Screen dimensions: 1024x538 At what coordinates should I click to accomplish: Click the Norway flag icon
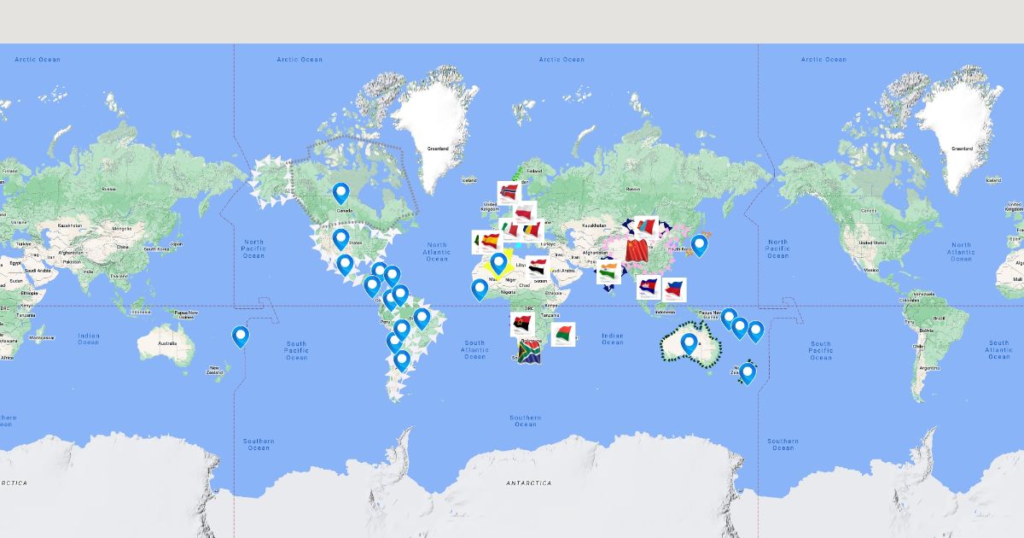point(509,192)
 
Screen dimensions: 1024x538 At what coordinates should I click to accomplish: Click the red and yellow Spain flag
point(489,242)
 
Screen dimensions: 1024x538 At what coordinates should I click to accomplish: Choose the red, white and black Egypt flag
point(536,267)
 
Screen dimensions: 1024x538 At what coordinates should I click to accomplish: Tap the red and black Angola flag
point(521,324)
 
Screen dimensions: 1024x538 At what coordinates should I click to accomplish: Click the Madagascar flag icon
point(562,334)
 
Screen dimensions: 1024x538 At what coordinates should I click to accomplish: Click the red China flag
point(637,250)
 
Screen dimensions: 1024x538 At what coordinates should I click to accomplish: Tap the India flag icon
point(608,273)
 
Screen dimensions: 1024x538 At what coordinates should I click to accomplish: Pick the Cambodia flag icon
point(648,288)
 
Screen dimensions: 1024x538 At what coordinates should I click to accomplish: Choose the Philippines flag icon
point(674,289)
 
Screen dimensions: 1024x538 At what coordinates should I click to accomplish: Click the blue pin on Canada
point(341,192)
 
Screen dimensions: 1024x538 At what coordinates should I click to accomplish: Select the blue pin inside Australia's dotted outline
point(689,342)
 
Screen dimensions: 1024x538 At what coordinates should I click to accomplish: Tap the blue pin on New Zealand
point(748,371)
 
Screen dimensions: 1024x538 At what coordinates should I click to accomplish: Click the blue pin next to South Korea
point(699,244)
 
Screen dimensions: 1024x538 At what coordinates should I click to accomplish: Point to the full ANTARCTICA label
point(528,483)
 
